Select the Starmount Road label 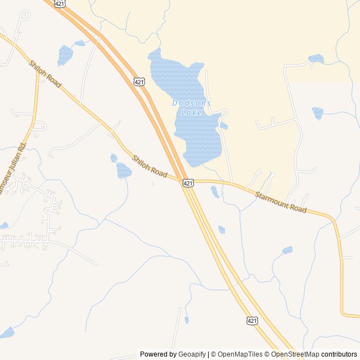point(281,202)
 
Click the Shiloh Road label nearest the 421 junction point(149,167)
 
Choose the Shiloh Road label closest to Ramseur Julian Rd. point(44,74)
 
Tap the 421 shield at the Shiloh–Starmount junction point(188,183)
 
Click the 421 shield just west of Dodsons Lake point(139,82)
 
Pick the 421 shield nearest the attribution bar point(252,320)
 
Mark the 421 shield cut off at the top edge point(60,3)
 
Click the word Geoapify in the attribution point(192,354)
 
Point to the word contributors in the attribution point(339,354)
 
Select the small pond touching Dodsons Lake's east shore point(224,125)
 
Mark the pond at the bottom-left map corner point(7,332)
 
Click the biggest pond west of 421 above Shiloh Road point(65,55)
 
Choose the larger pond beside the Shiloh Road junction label point(124,170)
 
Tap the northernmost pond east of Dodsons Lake point(316,58)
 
